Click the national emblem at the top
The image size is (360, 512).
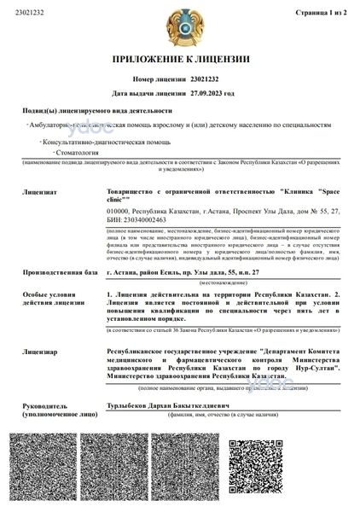(x=180, y=28)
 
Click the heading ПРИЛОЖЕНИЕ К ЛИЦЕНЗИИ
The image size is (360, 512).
(x=180, y=59)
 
